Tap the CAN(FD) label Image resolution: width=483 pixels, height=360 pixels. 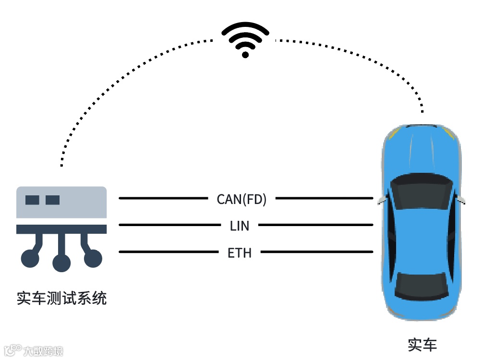(241, 199)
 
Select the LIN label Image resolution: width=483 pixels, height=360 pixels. (240, 226)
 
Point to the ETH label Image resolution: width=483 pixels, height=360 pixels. (240, 252)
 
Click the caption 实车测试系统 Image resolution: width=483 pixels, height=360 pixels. (61, 298)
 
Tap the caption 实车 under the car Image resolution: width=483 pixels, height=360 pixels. (422, 345)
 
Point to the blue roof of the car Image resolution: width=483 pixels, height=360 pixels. (421, 235)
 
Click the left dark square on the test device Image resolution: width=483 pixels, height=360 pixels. (32, 200)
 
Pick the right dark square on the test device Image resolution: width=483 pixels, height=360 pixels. (52, 200)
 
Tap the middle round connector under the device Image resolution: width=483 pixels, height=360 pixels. (61, 263)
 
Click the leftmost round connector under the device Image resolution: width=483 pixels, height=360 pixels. (30, 259)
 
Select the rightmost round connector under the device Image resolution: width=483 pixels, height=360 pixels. (93, 259)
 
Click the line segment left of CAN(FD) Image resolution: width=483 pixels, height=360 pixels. (163, 198)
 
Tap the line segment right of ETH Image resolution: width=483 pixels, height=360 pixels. (317, 252)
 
